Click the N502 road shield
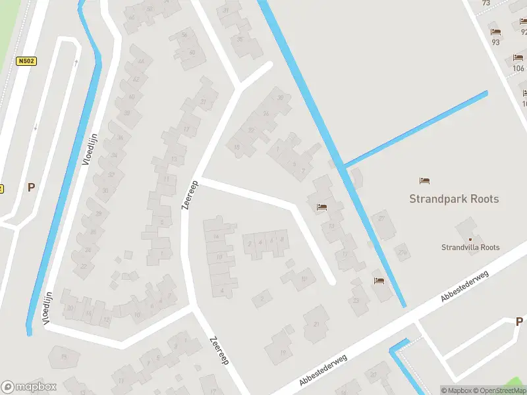(x=26, y=61)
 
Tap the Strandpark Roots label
(x=454, y=199)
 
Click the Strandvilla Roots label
(x=470, y=248)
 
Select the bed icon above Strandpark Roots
(x=425, y=180)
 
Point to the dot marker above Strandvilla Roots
(x=470, y=238)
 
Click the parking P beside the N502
(x=31, y=187)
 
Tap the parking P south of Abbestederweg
(x=519, y=321)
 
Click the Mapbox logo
(x=30, y=387)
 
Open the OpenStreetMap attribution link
(x=497, y=390)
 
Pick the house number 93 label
(x=495, y=42)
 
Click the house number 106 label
(x=518, y=68)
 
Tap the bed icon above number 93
(x=495, y=32)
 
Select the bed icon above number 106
(x=518, y=58)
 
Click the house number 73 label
(x=486, y=3)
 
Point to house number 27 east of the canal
(x=381, y=219)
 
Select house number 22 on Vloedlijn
(x=84, y=267)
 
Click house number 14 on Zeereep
(x=215, y=237)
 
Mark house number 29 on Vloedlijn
(x=98, y=214)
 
